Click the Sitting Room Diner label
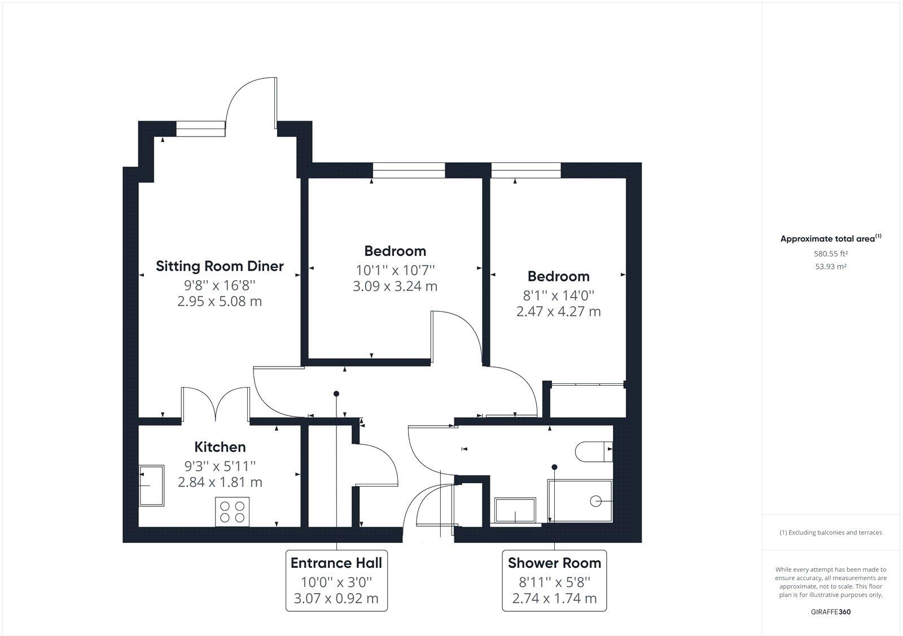(x=220, y=266)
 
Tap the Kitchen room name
(x=220, y=447)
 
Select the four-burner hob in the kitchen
(x=233, y=512)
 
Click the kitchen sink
(x=151, y=485)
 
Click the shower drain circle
(x=595, y=501)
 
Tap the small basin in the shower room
(x=515, y=510)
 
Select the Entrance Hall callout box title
(x=336, y=563)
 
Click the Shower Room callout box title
(x=554, y=563)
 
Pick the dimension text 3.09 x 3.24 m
(x=395, y=286)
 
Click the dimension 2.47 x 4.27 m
(x=558, y=311)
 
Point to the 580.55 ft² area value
(x=831, y=254)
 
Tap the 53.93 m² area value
(x=831, y=267)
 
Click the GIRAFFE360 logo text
(x=831, y=612)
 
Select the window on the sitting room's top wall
(x=201, y=129)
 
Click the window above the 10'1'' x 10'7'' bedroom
(x=409, y=170)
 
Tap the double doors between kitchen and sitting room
(x=216, y=405)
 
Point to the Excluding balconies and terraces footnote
(x=831, y=532)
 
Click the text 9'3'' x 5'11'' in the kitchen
(x=220, y=466)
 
